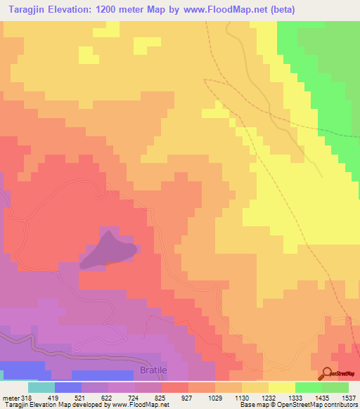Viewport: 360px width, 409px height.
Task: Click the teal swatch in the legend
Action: [x=41, y=387]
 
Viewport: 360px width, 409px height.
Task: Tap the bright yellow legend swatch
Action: [x=281, y=387]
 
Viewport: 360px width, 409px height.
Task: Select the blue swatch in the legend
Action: [x=67, y=387]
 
